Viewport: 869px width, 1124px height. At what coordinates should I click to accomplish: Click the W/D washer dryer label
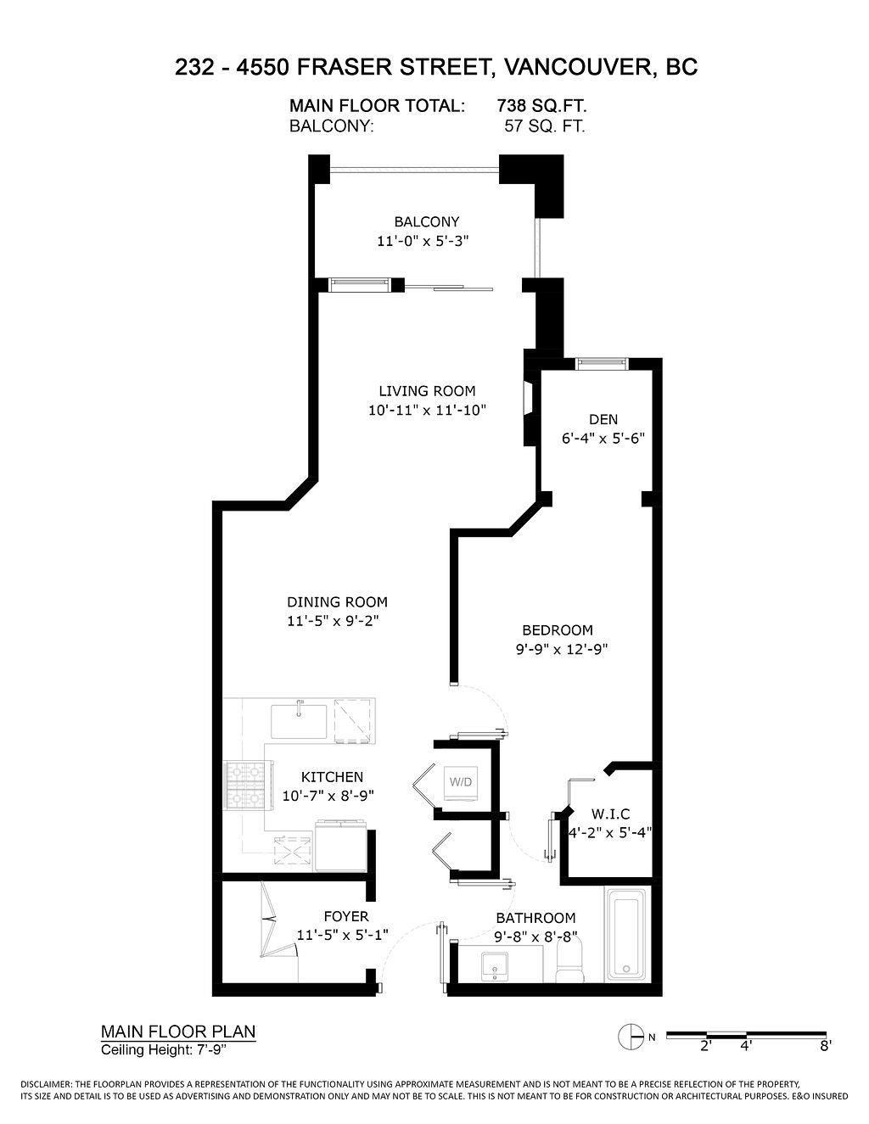point(461,780)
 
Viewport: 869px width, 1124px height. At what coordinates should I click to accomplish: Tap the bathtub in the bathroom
point(626,934)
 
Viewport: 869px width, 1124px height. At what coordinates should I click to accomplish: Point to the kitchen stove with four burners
point(244,786)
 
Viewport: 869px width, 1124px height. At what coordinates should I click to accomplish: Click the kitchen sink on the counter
point(299,721)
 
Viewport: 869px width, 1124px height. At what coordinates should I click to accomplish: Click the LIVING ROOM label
point(427,391)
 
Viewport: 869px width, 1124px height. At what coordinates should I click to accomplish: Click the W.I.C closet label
point(611,814)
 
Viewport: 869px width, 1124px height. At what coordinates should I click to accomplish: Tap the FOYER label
point(346,916)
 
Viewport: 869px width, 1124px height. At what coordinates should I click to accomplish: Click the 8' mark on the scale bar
point(824,1046)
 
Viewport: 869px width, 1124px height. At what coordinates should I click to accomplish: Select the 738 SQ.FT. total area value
point(541,106)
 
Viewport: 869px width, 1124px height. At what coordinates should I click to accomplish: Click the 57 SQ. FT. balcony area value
point(545,126)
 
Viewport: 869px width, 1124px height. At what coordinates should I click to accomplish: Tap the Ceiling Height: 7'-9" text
point(165,1050)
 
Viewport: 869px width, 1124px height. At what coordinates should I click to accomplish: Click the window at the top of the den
point(602,364)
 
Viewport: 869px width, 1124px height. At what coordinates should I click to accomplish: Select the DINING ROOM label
point(337,602)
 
